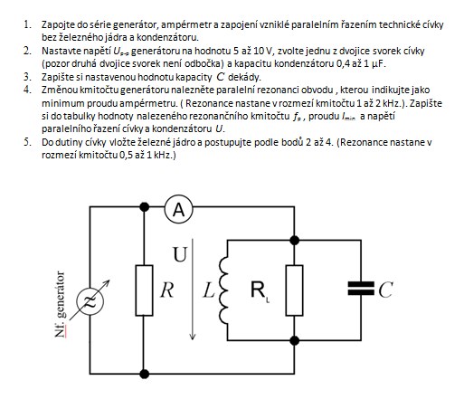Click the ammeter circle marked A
point(178,209)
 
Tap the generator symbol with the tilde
point(90,300)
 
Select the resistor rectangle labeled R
point(144,290)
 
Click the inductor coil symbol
point(223,290)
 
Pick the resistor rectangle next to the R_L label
point(294,290)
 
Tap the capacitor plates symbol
point(361,288)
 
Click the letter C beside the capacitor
point(385,290)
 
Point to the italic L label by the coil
point(209,290)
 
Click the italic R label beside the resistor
point(167,290)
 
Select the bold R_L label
point(260,290)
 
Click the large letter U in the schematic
point(180,254)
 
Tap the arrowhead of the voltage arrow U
point(193,336)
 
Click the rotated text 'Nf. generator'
point(61,304)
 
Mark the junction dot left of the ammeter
point(145,207)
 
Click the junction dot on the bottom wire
point(145,374)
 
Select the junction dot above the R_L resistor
point(294,241)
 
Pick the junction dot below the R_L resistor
point(294,340)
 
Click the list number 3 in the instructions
point(27,77)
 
